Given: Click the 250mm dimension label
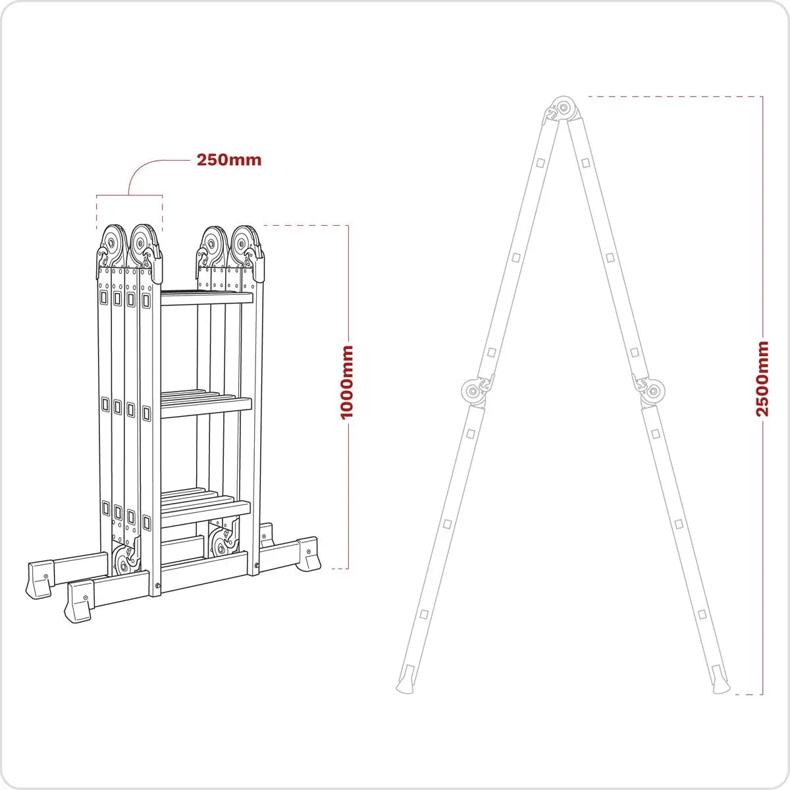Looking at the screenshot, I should tap(228, 160).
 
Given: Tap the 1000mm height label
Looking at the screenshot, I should tap(347, 381).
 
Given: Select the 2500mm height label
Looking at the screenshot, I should tap(762, 379).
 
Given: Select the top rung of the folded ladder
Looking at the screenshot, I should tap(206, 298).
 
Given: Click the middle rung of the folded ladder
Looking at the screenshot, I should tap(206, 406).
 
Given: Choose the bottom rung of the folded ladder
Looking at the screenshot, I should tap(206, 513).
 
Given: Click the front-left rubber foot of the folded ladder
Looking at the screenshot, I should tap(78, 604).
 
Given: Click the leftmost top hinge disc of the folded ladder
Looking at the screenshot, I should tap(113, 242).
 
